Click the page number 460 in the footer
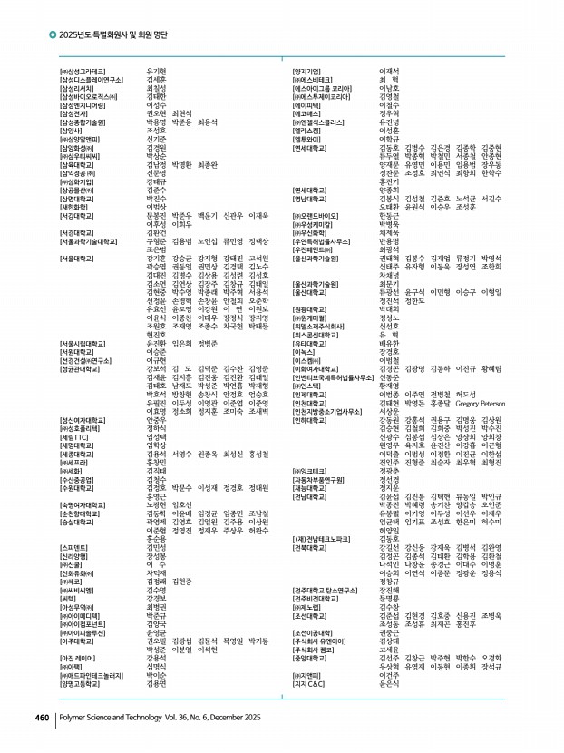[x=41, y=717]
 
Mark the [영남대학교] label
[x=310, y=198]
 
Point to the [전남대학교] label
[x=310, y=495]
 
